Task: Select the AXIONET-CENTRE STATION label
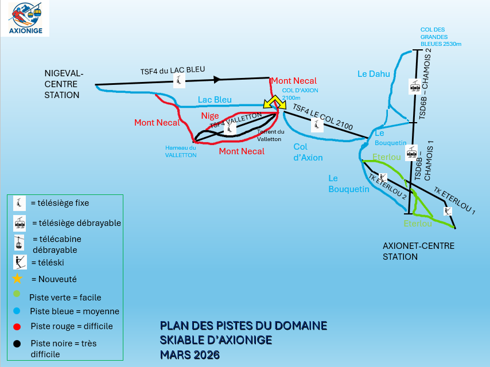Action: click(x=418, y=251)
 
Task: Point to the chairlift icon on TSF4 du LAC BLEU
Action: click(x=180, y=81)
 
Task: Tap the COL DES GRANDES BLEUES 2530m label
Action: click(x=441, y=37)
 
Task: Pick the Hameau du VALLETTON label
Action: click(x=181, y=151)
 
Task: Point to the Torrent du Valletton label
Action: click(x=270, y=135)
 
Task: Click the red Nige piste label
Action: click(x=210, y=116)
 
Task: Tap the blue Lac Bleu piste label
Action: click(x=215, y=100)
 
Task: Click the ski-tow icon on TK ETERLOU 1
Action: click(x=448, y=211)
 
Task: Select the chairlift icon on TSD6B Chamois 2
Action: click(x=415, y=87)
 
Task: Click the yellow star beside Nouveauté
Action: click(x=18, y=279)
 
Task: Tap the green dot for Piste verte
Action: click(x=18, y=295)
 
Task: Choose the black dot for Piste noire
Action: click(x=18, y=343)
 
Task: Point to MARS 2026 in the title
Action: click(x=189, y=354)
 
